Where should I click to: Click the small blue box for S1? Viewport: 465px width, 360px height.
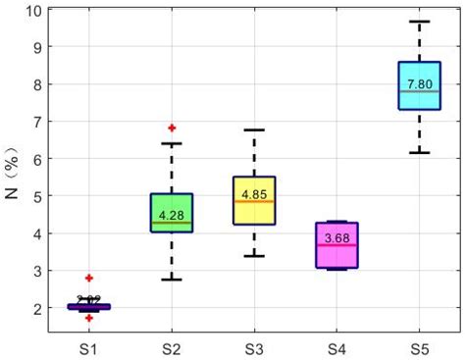point(89,307)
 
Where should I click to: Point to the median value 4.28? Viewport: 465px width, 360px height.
point(172,214)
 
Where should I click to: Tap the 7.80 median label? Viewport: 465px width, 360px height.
point(419,84)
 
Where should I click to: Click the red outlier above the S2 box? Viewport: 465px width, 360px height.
point(172,128)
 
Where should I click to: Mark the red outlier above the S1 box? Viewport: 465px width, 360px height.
point(89,279)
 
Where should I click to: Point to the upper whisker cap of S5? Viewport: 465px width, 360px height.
point(419,22)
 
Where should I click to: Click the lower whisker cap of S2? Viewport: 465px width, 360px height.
point(172,280)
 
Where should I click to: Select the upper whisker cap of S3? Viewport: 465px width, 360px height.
point(254,129)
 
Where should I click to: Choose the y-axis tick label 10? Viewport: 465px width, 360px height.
point(33,11)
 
